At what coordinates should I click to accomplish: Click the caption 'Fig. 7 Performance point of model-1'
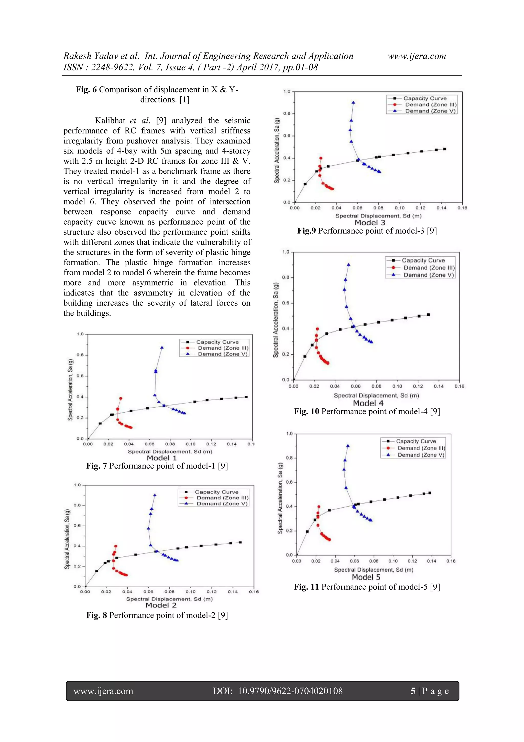tap(157, 466)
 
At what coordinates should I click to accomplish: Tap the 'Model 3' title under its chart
tap(370, 222)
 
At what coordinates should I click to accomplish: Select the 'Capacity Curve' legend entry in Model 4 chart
tap(423, 260)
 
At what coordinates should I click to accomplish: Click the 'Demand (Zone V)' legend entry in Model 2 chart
tap(222, 504)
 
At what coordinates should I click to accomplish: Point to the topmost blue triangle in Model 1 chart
tap(162, 348)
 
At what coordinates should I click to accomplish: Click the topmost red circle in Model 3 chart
tap(321, 158)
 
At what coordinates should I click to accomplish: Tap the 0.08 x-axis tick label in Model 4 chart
tap(376, 386)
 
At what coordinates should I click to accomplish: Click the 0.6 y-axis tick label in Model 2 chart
tap(77, 526)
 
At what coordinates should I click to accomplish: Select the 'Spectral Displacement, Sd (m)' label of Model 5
tap(374, 570)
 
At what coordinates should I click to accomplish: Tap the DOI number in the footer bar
tap(290, 691)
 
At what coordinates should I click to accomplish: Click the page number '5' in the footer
tap(413, 691)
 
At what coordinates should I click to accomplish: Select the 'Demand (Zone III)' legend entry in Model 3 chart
tap(431, 104)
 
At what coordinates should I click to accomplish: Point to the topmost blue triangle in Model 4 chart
tap(348, 265)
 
